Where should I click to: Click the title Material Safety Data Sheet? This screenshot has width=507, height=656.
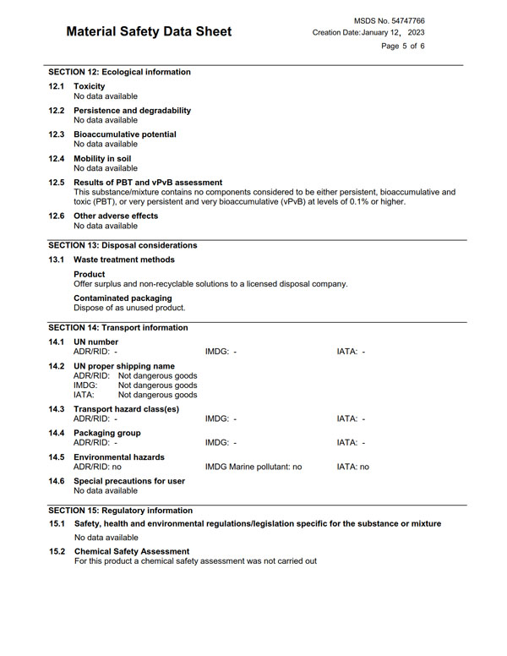[148, 32]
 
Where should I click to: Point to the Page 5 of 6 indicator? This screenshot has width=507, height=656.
[402, 46]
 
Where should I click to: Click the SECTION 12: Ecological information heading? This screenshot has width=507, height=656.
[119, 72]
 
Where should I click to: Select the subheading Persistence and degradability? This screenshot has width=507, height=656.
[132, 111]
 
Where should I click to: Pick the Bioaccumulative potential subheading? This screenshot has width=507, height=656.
[124, 134]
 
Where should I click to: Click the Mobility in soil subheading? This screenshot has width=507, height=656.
[101, 158]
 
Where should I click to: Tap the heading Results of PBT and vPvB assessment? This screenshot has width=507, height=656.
[148, 182]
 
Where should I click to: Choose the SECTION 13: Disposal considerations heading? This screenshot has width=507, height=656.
[123, 245]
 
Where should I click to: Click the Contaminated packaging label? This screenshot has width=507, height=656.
[123, 298]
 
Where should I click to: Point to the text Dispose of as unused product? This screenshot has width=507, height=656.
[129, 309]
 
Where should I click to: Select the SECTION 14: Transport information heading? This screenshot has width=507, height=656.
[118, 328]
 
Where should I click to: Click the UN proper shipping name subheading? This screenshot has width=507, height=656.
[124, 366]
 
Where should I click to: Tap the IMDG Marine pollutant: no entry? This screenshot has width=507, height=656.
[253, 467]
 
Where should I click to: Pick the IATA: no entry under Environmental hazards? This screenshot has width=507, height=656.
[352, 467]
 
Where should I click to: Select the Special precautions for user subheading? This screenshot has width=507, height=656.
[128, 481]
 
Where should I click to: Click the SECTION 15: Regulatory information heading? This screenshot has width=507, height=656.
[120, 511]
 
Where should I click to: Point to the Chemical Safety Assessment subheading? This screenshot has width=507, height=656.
[131, 551]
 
